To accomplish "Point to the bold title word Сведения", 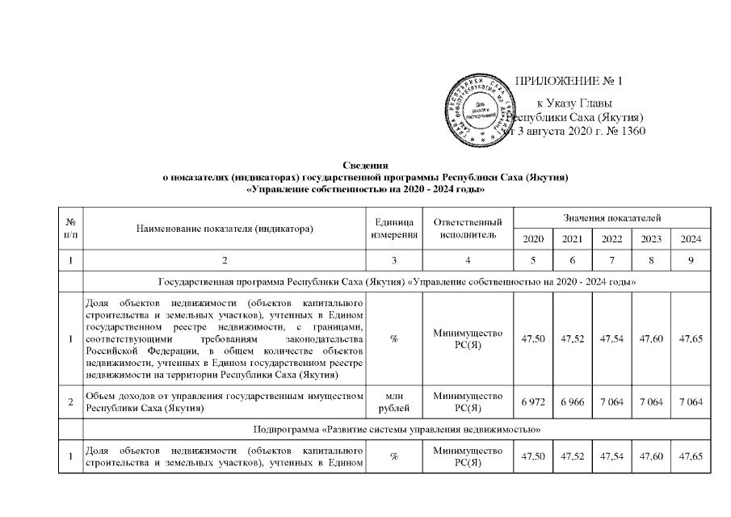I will (x=366, y=165).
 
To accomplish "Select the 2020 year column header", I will (x=533, y=240).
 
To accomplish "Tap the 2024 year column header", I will (x=691, y=240).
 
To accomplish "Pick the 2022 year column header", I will (x=611, y=240).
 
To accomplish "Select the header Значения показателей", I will (x=611, y=218).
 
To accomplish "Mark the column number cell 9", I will (x=691, y=261).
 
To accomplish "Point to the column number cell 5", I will (x=533, y=261).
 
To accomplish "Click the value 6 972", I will (x=533, y=401).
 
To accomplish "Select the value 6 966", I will (x=572, y=401).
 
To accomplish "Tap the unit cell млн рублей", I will (x=394, y=401).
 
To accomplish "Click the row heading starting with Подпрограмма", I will (x=397, y=426).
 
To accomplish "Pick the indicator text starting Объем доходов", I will (x=225, y=401).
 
